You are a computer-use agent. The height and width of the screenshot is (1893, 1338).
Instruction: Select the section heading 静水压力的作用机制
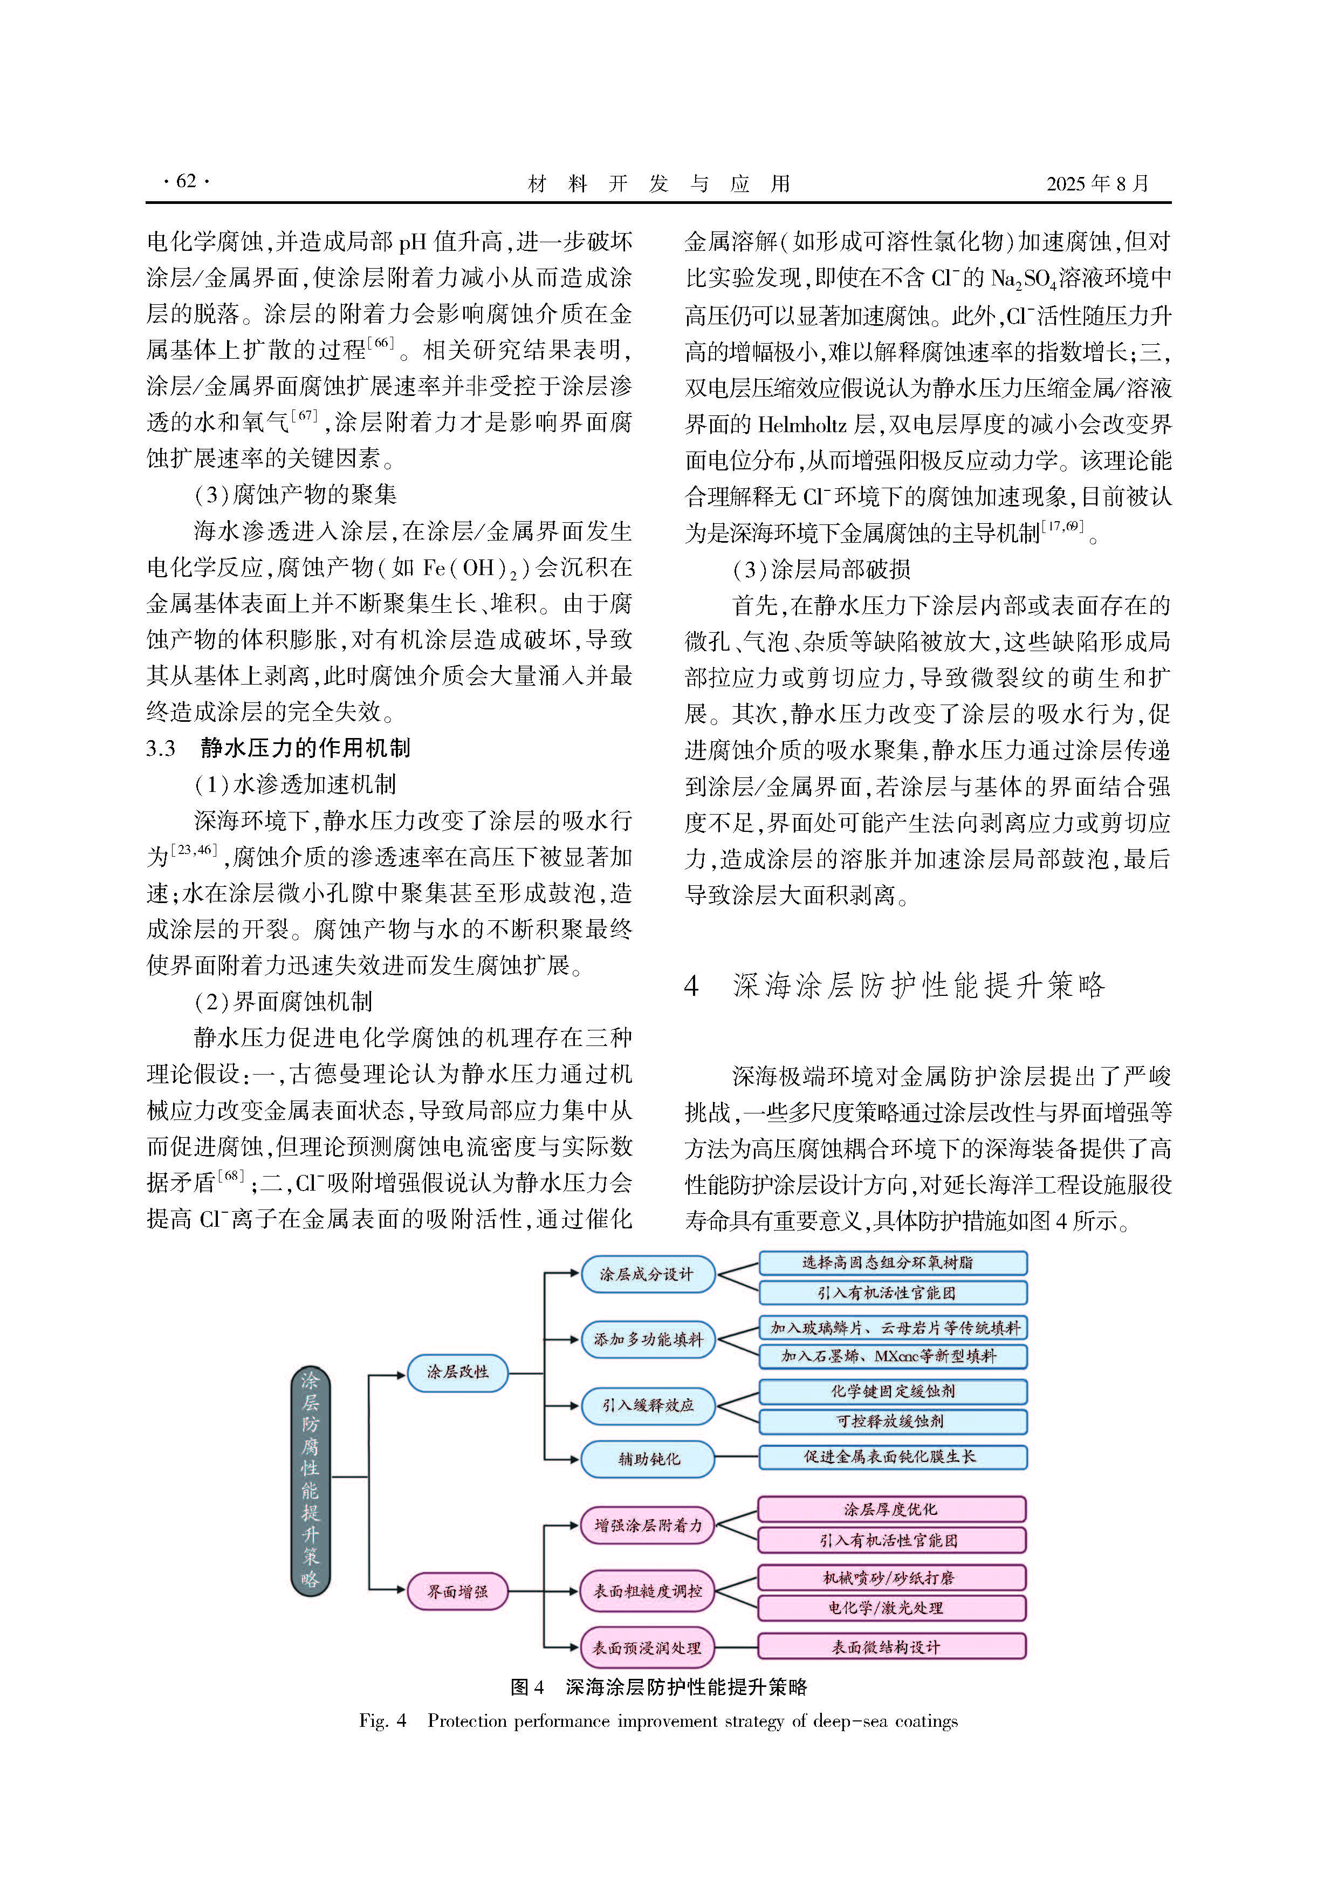(x=305, y=748)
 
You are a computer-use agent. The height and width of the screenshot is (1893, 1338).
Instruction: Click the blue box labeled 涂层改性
(x=457, y=1372)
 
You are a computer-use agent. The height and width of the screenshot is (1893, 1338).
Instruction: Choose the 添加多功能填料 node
(x=648, y=1339)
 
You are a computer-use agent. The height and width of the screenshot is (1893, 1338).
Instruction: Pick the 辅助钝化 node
(x=648, y=1459)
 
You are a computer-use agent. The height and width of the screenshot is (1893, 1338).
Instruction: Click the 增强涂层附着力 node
(x=648, y=1525)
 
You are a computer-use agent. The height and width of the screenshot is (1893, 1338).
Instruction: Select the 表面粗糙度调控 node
(x=648, y=1590)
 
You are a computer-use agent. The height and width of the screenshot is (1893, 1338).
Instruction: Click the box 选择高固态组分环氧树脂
(x=892, y=1262)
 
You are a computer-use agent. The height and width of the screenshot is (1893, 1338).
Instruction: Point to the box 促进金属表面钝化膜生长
(x=892, y=1457)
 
